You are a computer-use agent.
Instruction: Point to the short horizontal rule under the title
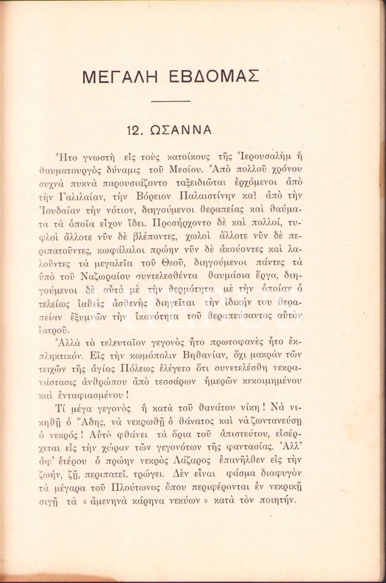click(x=170, y=101)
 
